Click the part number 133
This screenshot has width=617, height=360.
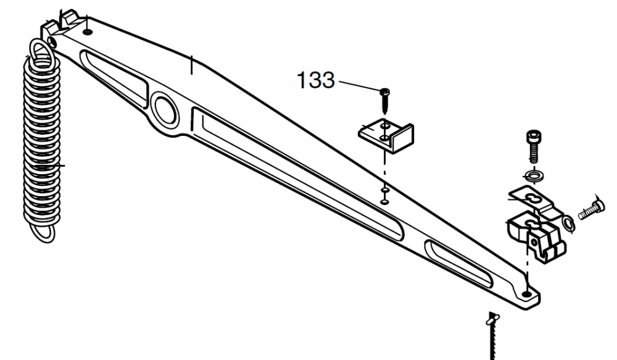click(315, 80)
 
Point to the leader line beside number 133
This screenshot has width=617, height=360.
click(358, 86)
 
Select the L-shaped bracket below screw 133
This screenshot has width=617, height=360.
click(387, 135)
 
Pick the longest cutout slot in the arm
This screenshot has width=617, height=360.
click(296, 172)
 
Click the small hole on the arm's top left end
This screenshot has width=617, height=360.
click(88, 30)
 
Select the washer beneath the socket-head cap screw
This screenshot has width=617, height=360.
click(532, 176)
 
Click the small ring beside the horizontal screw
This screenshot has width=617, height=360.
click(568, 224)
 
